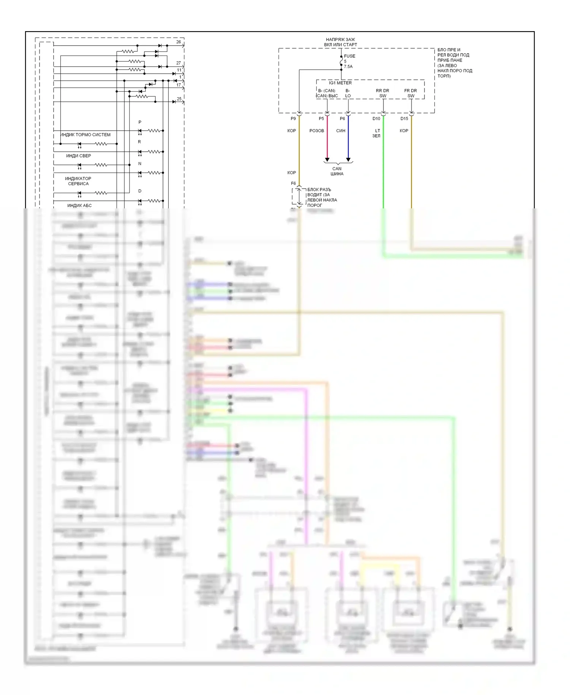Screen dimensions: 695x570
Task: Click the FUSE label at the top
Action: (350, 56)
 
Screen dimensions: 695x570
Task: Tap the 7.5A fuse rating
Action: (348, 67)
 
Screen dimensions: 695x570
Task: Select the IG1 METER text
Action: (340, 83)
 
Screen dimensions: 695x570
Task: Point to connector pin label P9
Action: (293, 119)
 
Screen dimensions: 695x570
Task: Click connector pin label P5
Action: (321, 119)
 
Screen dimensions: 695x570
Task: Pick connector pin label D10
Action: (376, 119)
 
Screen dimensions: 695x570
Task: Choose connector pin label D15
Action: (404, 119)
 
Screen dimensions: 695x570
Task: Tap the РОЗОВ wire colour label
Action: (317, 131)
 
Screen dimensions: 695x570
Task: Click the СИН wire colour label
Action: (341, 131)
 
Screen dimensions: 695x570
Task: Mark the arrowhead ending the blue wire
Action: (348, 160)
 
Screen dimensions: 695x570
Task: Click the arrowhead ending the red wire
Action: (327, 160)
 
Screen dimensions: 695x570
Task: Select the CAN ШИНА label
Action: (337, 171)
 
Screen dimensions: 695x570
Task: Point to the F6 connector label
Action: (293, 183)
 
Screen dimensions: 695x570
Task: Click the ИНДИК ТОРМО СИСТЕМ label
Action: (85, 135)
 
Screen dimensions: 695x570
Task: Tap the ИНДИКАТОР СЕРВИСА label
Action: (78, 181)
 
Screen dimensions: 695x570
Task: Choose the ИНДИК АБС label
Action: (79, 205)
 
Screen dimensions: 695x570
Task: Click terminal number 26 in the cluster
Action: (179, 42)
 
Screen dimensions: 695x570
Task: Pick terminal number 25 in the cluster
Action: (179, 99)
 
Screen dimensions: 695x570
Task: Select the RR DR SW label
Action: (383, 93)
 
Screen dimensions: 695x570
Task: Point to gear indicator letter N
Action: (140, 163)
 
